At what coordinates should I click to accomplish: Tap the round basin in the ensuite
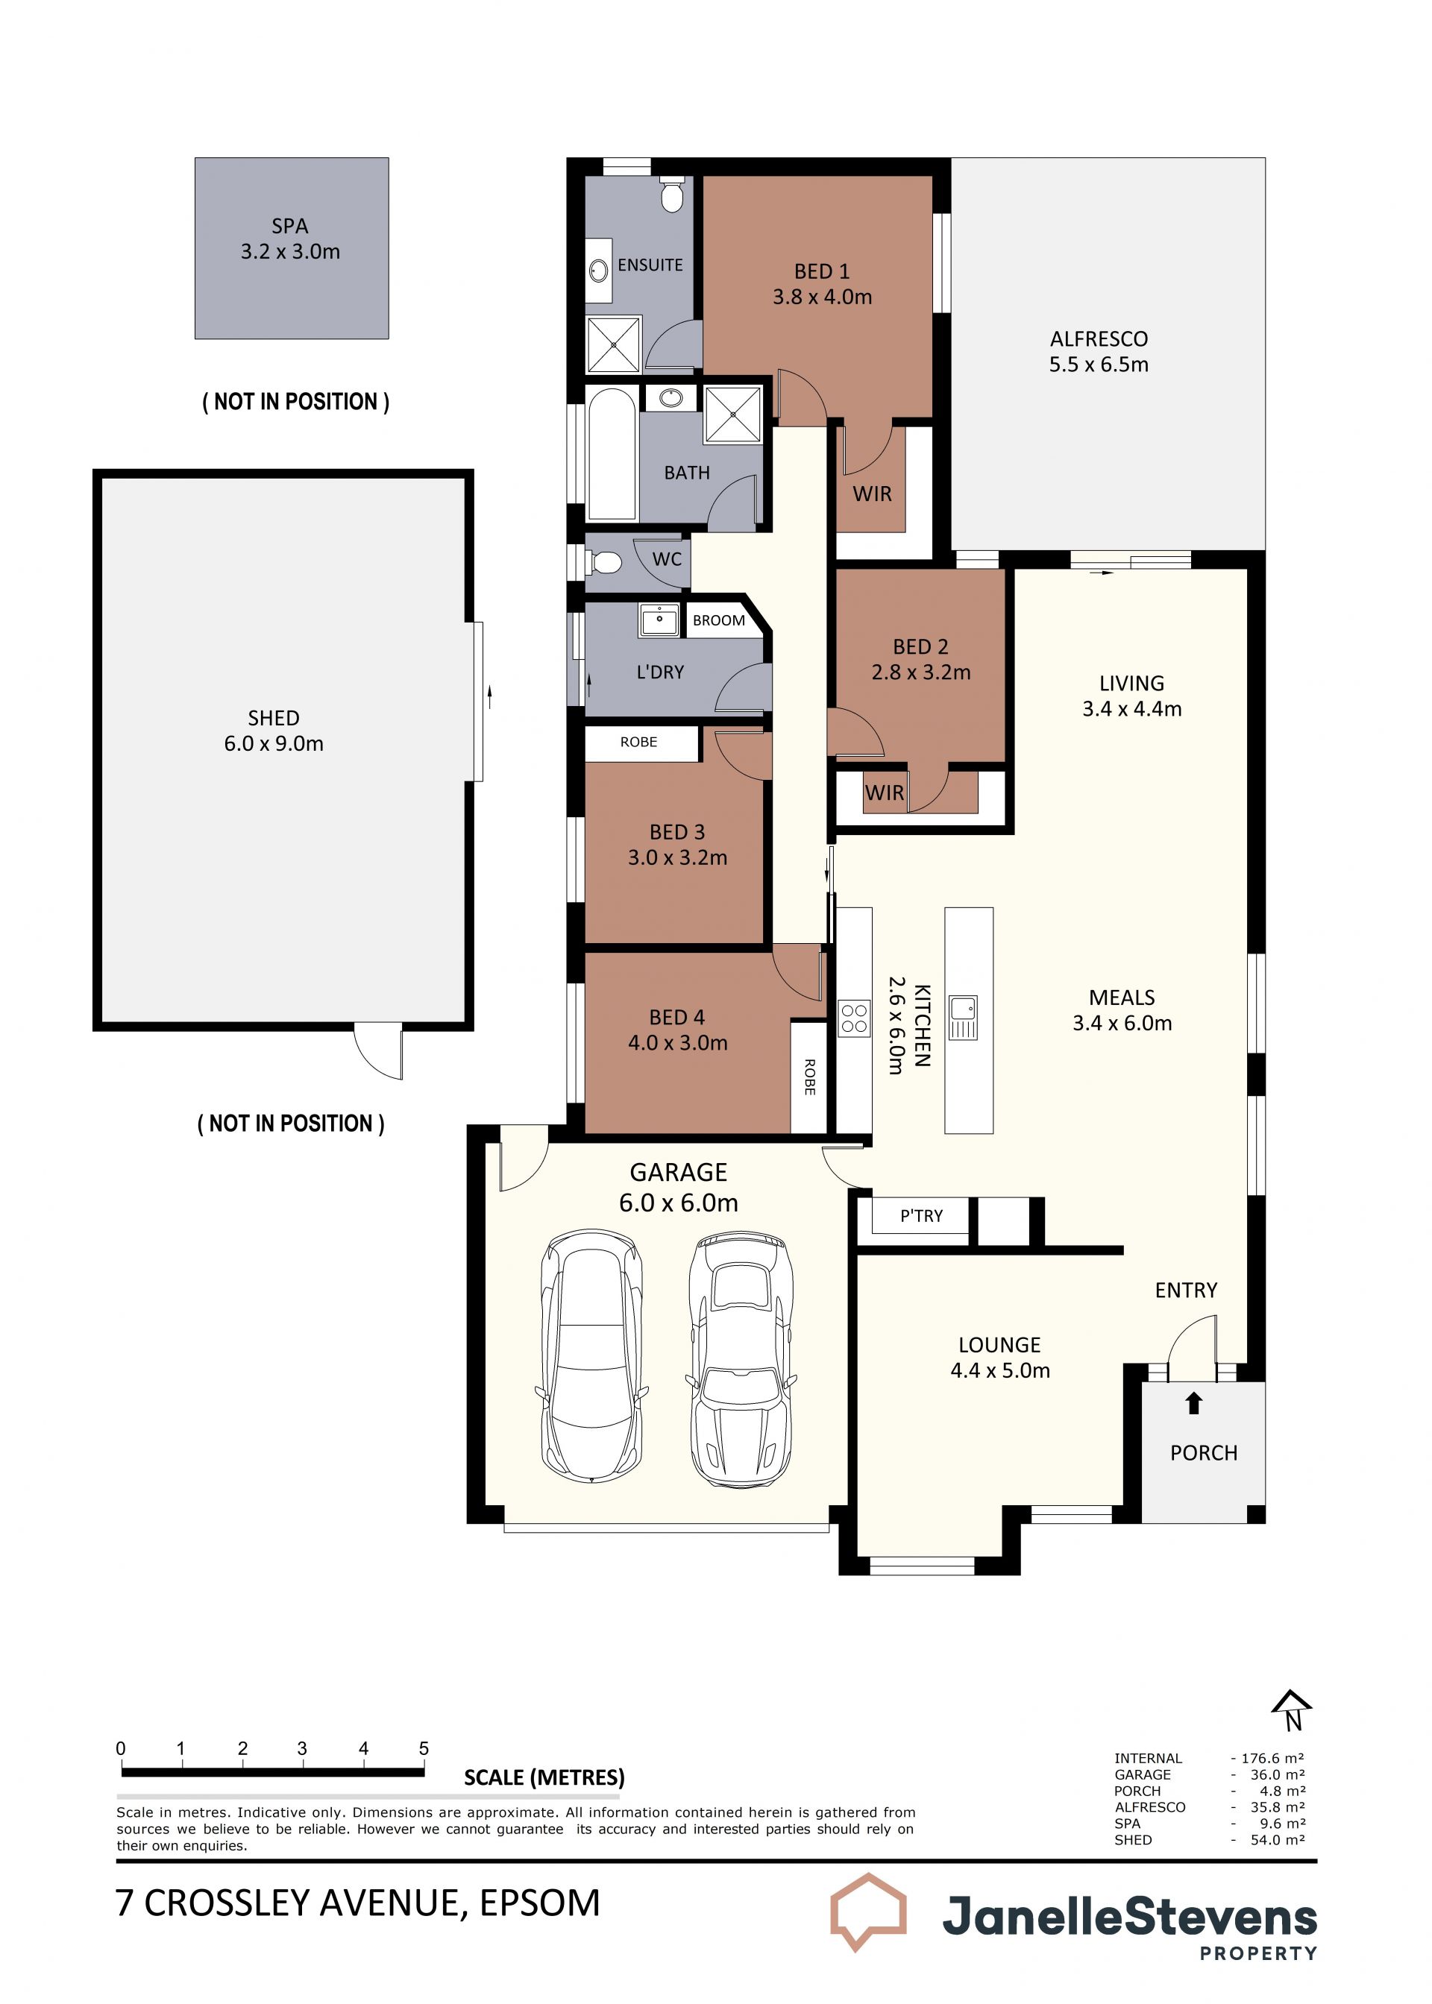pyautogui.click(x=599, y=270)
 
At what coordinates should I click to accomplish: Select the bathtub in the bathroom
pyautogui.click(x=612, y=454)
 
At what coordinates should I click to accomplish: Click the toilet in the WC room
pyautogui.click(x=605, y=561)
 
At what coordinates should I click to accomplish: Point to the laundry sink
pyautogui.click(x=659, y=620)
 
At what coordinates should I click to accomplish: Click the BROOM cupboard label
pyautogui.click(x=719, y=620)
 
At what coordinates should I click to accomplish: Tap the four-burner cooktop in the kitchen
pyautogui.click(x=853, y=1018)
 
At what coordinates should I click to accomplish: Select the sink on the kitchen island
pyautogui.click(x=963, y=1018)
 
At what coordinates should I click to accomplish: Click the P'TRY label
pyautogui.click(x=921, y=1216)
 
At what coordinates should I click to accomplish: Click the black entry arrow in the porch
pyautogui.click(x=1193, y=1404)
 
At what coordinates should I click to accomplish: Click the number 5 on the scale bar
pyautogui.click(x=424, y=1748)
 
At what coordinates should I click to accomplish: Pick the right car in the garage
pyautogui.click(x=739, y=1361)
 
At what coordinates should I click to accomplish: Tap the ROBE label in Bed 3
pyautogui.click(x=638, y=742)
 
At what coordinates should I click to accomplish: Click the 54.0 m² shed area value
pyautogui.click(x=1278, y=1840)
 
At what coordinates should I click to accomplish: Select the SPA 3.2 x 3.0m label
pyautogui.click(x=290, y=239)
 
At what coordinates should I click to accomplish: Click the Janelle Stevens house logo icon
pyautogui.click(x=869, y=1912)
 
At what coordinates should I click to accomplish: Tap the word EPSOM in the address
pyautogui.click(x=540, y=1903)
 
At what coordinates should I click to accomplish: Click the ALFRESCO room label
pyautogui.click(x=1099, y=339)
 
